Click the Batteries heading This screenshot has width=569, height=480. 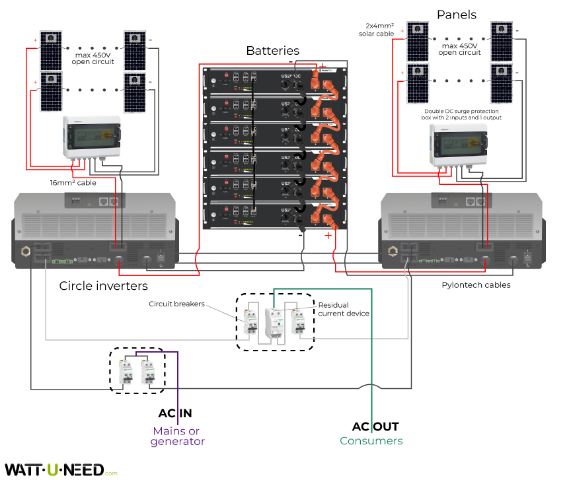point(272,51)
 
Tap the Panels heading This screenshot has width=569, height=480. point(457,15)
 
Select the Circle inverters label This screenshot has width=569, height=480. point(104,286)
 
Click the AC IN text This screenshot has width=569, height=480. point(175,413)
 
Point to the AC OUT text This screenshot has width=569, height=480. point(375,427)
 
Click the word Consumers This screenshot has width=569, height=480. point(371,441)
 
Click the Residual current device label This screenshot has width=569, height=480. point(344,309)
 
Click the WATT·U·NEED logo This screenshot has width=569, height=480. point(55,469)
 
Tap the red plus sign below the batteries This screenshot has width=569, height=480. point(327,235)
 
